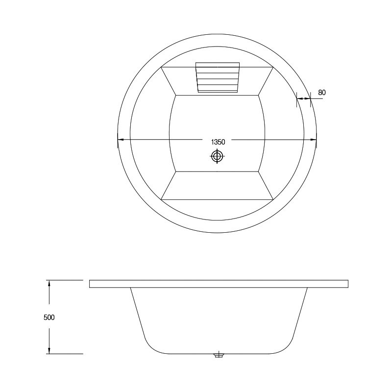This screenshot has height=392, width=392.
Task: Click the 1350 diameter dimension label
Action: coord(218,142)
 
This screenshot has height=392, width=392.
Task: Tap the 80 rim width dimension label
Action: coord(322,93)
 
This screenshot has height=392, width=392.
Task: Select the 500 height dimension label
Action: coord(49,317)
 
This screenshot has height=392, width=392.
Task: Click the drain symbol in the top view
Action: coord(217,156)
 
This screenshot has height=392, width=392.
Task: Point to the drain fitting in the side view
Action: coord(219,355)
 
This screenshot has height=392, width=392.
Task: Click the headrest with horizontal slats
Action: coord(218,77)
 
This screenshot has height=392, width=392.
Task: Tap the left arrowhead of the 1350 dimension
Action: coord(121,140)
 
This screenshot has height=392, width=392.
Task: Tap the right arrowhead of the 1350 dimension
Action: coord(314,140)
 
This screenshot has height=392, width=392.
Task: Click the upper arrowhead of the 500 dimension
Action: coord(49,284)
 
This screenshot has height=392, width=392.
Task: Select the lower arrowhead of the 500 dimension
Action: coord(49,350)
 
